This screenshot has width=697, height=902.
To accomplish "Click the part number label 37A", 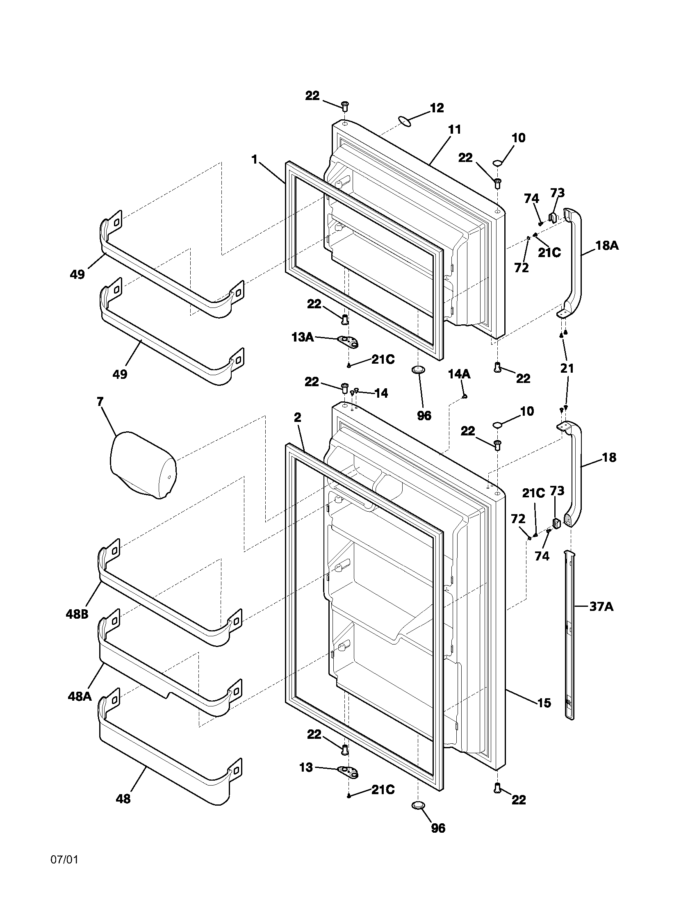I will pyautogui.click(x=601, y=607).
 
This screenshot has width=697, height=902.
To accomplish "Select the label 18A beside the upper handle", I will pyautogui.click(x=606, y=246).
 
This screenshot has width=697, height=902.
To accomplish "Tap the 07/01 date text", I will pyautogui.click(x=64, y=860).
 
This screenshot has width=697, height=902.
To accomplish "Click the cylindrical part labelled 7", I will pyautogui.click(x=142, y=465).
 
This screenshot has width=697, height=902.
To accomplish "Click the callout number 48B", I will pyautogui.click(x=77, y=614).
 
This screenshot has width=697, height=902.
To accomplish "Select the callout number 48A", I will pyautogui.click(x=80, y=696).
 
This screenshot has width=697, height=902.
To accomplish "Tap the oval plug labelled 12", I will pyautogui.click(x=405, y=121).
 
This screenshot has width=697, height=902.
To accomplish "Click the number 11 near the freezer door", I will pyautogui.click(x=454, y=130).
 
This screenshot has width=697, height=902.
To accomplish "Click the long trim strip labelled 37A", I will pyautogui.click(x=570, y=636).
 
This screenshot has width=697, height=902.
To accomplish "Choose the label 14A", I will pyautogui.click(x=459, y=374).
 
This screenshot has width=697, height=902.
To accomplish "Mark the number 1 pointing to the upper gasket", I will pyautogui.click(x=255, y=159).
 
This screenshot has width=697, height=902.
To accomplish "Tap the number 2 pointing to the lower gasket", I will pyautogui.click(x=298, y=417).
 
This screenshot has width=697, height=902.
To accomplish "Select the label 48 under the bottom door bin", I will pyautogui.click(x=123, y=799).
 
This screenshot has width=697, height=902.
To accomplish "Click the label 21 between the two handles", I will pyautogui.click(x=567, y=368).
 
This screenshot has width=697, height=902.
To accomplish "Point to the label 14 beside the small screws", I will pyautogui.click(x=381, y=393).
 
